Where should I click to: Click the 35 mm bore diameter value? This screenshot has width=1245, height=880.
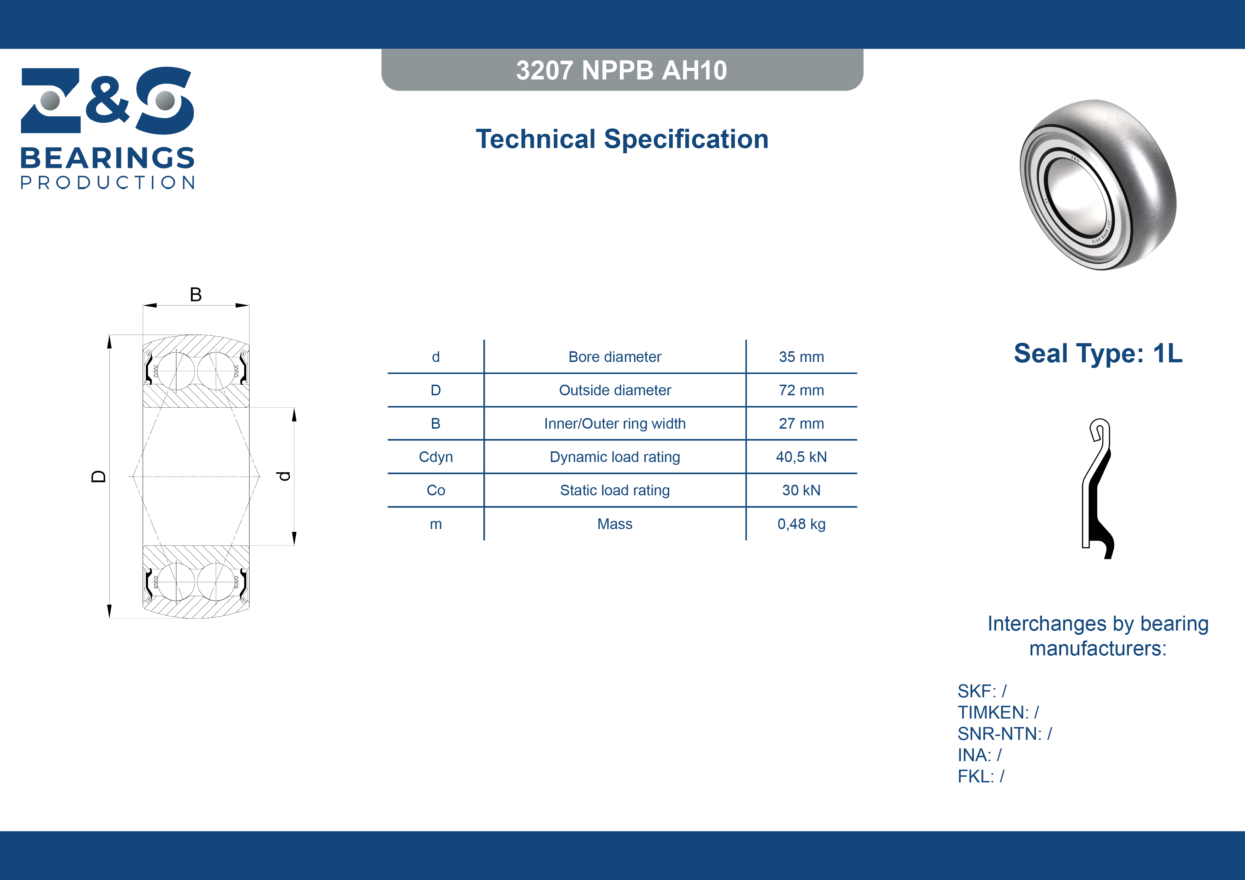[801, 357]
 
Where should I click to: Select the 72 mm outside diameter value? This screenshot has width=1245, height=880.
[801, 390]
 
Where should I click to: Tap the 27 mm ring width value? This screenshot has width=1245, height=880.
[801, 423]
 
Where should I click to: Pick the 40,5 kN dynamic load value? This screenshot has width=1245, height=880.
[801, 457]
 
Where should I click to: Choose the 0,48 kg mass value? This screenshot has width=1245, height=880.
[801, 524]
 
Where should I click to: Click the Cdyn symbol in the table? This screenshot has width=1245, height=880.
[435, 457]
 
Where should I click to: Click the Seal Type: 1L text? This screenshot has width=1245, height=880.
[1098, 353]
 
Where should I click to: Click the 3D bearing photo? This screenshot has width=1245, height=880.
[1098, 185]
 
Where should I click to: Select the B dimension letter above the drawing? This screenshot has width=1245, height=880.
[196, 295]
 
